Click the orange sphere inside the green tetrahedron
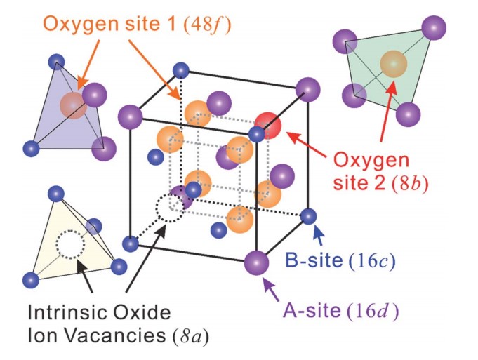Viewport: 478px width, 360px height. click(393, 64)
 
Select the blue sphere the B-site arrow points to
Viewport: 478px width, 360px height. click(309, 216)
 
